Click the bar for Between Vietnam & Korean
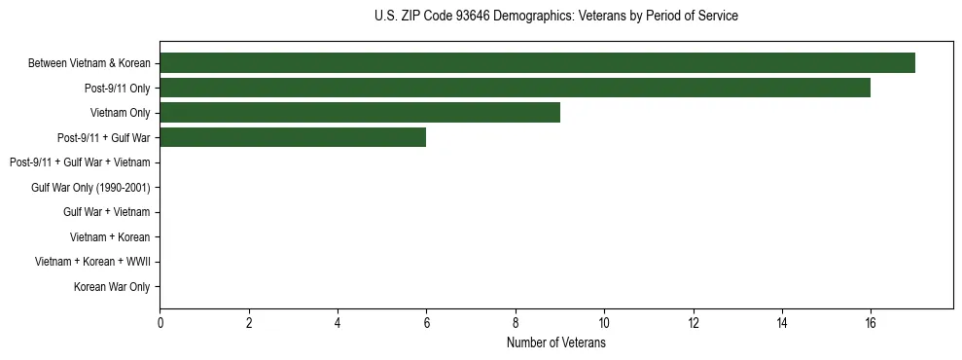click(537, 63)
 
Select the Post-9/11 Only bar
click(515, 88)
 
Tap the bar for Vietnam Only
click(360, 113)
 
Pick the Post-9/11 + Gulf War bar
click(293, 137)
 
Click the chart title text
click(555, 17)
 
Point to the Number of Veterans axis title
click(555, 343)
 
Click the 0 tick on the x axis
click(160, 323)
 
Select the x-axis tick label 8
click(516, 323)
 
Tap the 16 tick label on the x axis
click(871, 323)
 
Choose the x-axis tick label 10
click(604, 323)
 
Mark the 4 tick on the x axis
click(338, 323)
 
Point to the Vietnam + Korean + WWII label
click(92, 262)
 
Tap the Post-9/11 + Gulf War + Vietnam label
click(80, 162)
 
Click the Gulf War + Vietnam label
click(107, 212)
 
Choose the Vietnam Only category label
click(121, 113)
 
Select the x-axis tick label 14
click(782, 323)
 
